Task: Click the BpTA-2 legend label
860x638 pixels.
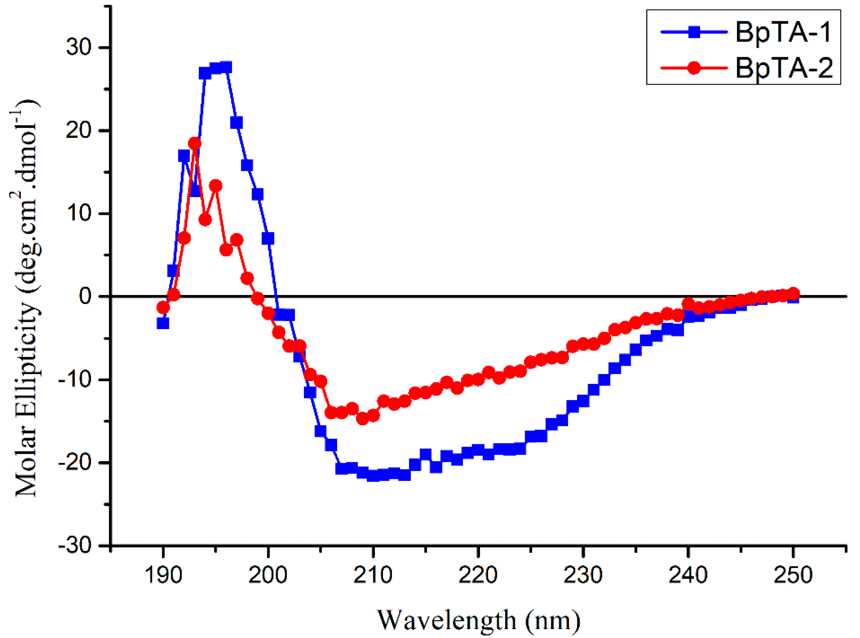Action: click(x=784, y=68)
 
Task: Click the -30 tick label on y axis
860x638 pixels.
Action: click(x=75, y=545)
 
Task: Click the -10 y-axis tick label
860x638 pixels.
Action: click(x=75, y=379)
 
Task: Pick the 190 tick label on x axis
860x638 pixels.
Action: click(x=163, y=575)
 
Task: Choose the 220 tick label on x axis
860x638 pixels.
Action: click(x=478, y=575)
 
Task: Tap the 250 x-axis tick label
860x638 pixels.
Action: click(x=793, y=575)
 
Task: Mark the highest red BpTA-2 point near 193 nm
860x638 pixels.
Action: click(x=195, y=143)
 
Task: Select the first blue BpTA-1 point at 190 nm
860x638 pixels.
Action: click(x=163, y=323)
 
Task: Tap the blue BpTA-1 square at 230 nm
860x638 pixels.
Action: click(x=583, y=401)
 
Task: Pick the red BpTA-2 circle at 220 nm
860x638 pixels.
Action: click(x=478, y=380)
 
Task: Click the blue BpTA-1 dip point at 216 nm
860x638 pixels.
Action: click(x=436, y=467)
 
